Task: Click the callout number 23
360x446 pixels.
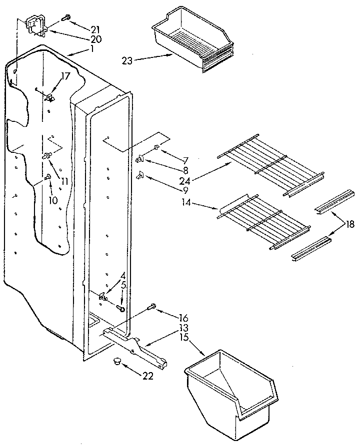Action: (126, 61)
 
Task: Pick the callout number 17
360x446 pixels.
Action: (65, 76)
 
